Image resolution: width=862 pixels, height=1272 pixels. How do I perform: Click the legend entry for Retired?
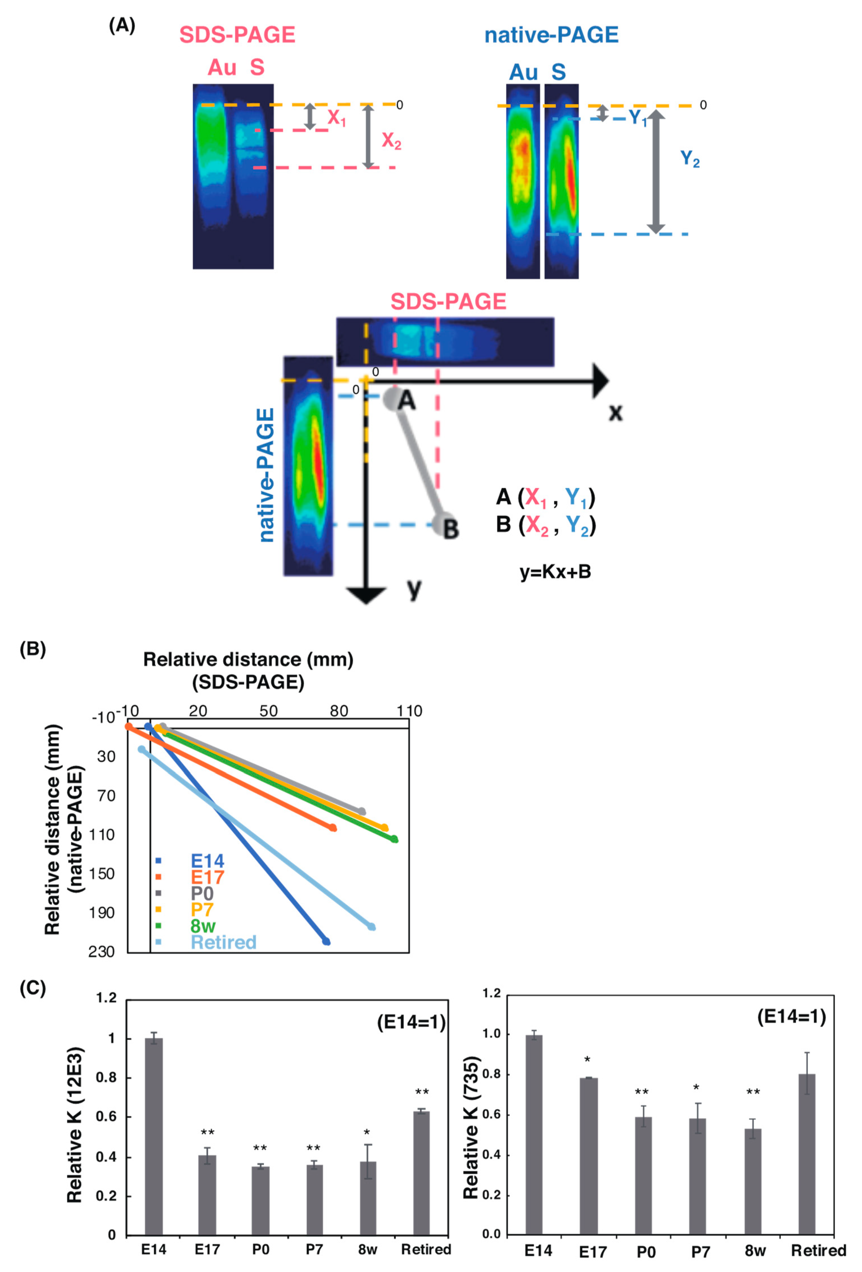[223, 942]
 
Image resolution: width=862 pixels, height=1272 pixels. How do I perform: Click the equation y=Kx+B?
[555, 572]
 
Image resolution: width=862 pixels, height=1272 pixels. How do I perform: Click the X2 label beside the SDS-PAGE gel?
[391, 141]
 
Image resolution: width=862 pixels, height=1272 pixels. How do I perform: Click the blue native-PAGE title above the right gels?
[551, 35]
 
